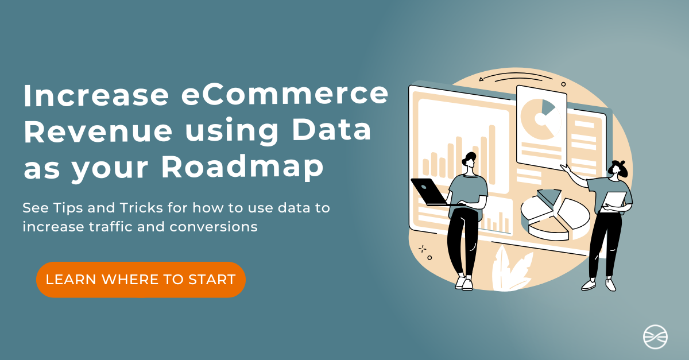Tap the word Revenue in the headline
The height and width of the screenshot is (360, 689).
point(98,131)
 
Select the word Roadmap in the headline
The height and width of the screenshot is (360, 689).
point(242,168)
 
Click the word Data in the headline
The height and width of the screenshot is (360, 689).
point(331,130)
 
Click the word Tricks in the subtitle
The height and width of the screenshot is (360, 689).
point(141,208)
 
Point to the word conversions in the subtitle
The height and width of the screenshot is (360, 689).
point(213,227)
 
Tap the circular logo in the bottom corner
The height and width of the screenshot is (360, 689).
point(655,336)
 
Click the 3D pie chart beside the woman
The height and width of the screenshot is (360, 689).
point(555,215)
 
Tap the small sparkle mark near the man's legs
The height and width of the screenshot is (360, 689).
point(423,249)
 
